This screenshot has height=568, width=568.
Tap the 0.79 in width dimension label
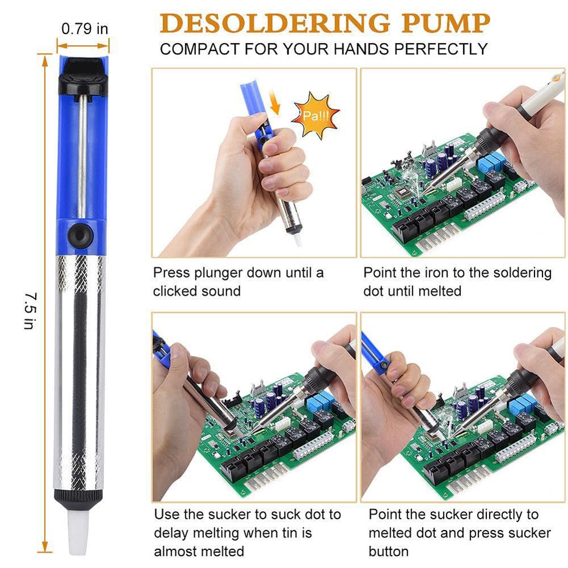click(x=85, y=28)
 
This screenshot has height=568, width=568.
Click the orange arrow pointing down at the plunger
click(x=276, y=106)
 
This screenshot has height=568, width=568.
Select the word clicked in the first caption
click(x=174, y=291)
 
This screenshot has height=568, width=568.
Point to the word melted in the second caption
click(x=440, y=291)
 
